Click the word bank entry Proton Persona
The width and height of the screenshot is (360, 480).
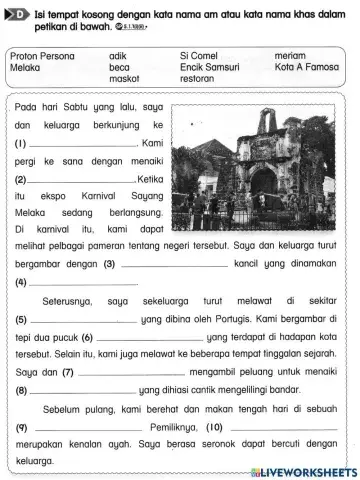pyautogui.click(x=41, y=56)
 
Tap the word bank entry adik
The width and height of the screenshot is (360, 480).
pyautogui.click(x=117, y=56)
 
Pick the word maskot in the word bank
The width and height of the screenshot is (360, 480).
pyautogui.click(x=124, y=78)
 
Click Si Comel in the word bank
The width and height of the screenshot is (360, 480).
pyautogui.click(x=199, y=56)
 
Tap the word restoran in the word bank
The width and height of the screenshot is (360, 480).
pyautogui.click(x=200, y=78)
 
